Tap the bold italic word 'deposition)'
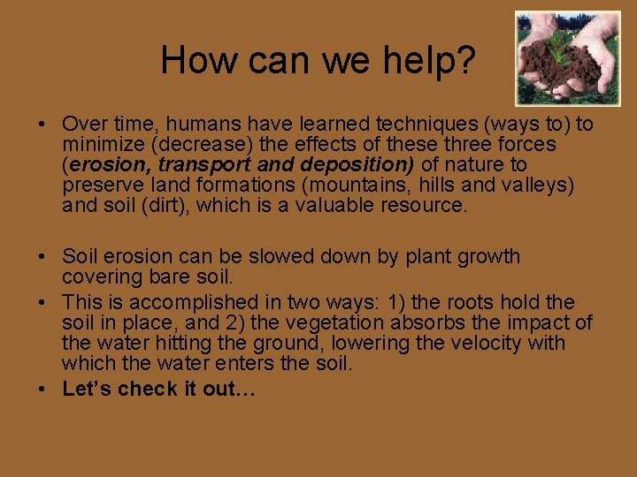point(358,164)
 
